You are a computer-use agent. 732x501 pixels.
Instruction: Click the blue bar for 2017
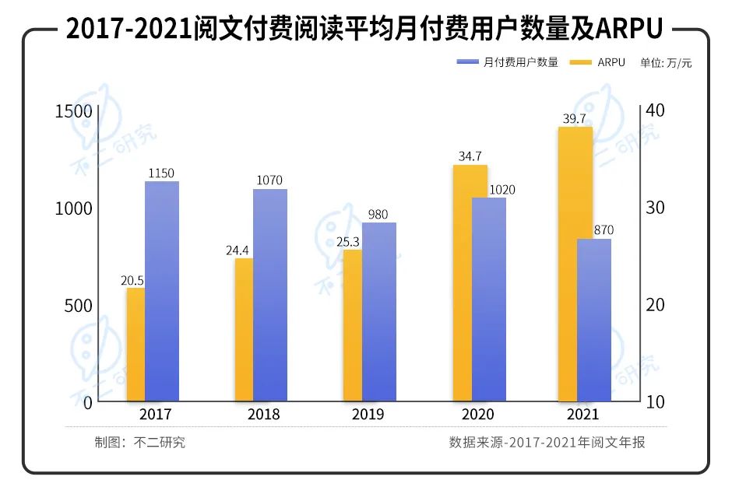pos(162,292)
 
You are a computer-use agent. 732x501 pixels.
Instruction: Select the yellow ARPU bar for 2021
pos(576,265)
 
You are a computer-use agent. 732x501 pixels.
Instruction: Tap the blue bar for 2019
pos(379,311)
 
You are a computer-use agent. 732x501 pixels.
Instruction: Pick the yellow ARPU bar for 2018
pos(245,330)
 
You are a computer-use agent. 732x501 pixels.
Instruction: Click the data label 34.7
pos(470,156)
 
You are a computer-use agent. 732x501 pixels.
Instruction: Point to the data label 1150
pos(162,173)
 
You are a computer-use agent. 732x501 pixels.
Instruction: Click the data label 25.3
pos(347,241)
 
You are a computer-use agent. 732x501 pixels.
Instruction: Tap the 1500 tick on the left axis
pos(73,111)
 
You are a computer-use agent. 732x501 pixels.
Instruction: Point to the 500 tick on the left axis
pos(78,306)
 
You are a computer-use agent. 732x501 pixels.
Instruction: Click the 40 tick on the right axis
pos(656,111)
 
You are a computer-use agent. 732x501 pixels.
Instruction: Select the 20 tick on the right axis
pos(656,306)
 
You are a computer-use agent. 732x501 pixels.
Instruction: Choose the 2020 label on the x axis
pos(478,415)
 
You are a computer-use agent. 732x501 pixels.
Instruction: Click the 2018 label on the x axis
pos(263,415)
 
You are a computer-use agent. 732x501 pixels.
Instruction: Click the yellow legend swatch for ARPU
pos(581,62)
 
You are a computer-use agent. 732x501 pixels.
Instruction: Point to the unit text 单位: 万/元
pos(666,63)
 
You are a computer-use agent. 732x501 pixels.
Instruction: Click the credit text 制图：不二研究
pos(140,443)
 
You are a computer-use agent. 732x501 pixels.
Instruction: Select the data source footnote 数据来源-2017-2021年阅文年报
pos(547,443)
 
